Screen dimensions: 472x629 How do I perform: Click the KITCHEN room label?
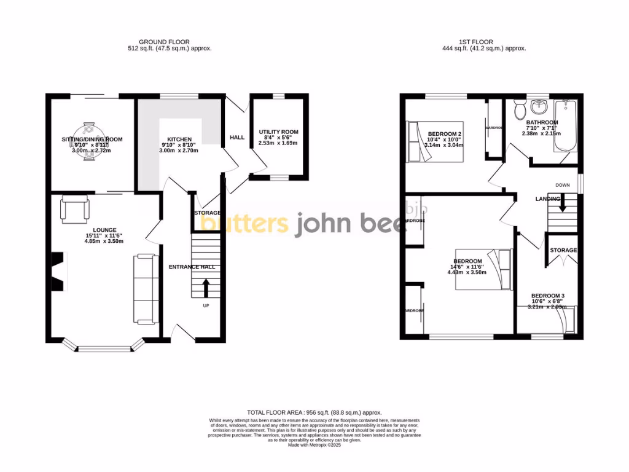(x=178, y=140)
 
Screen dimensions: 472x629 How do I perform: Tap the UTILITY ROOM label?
(x=278, y=132)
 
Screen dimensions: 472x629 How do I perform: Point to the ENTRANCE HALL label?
(x=191, y=267)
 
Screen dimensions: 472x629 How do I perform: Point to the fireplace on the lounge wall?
(x=57, y=272)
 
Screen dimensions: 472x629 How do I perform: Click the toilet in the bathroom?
(x=521, y=110)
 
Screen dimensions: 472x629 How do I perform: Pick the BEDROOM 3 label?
(x=547, y=296)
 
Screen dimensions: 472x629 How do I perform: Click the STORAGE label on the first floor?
(x=563, y=250)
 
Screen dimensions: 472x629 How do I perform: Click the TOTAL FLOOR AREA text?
(x=314, y=412)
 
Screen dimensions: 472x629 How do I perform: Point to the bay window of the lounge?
(x=104, y=348)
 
